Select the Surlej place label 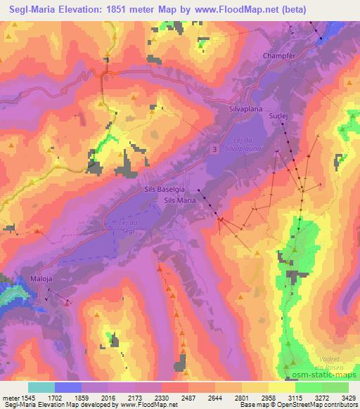tap(279, 112)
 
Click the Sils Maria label tap(180, 200)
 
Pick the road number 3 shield tap(213, 148)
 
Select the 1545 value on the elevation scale tap(28, 397)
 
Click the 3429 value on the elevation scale tap(348, 397)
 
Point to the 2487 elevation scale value tap(188, 397)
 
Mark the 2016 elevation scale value tap(108, 397)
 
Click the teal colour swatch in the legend tap(41, 387)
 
